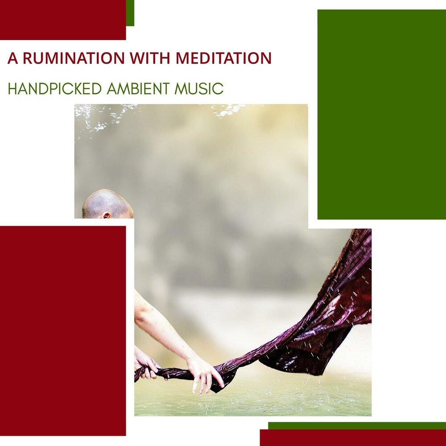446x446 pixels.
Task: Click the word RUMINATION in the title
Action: pos(74,58)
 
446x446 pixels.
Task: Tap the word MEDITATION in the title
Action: pos(223,58)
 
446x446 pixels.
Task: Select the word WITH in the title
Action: pos(150,58)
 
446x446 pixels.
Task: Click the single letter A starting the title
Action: pos(12,58)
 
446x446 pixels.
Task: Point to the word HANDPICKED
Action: pos(54,88)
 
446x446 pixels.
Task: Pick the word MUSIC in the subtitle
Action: pos(199,88)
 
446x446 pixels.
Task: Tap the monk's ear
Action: pos(106,215)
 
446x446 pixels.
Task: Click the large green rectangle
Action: pos(382,114)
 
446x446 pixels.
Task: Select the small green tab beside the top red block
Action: pos(130,13)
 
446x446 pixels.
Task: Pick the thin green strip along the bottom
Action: pos(357,425)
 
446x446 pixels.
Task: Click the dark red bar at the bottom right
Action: pos(353,438)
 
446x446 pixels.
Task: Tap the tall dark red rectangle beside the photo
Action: pos(63,331)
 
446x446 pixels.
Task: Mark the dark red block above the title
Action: pos(63,20)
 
